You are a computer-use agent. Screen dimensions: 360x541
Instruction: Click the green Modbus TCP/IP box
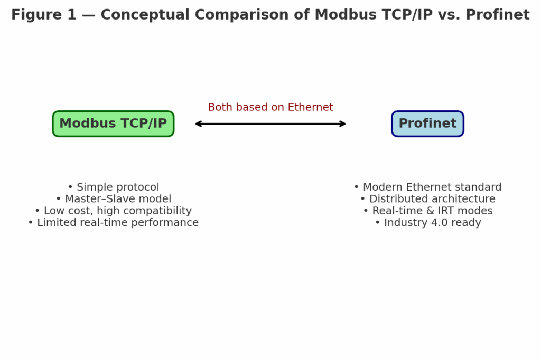pos(113,124)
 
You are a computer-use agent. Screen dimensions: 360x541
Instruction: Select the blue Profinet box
pos(427,124)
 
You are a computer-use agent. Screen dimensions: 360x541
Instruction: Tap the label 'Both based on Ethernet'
pos(270,107)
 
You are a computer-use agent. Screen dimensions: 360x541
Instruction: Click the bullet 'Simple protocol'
pos(113,187)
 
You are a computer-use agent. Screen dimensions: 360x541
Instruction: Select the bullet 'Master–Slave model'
pos(113,199)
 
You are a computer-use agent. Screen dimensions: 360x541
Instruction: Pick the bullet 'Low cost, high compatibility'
pos(113,211)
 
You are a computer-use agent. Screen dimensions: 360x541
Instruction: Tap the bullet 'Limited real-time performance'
pos(113,223)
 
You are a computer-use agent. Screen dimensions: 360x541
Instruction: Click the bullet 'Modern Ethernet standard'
pos(427,187)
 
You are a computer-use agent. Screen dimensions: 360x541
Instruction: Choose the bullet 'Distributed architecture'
pos(427,199)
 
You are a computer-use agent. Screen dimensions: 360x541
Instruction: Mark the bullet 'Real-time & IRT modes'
pos(427,211)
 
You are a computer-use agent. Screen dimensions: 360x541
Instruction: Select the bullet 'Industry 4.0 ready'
pos(427,223)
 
